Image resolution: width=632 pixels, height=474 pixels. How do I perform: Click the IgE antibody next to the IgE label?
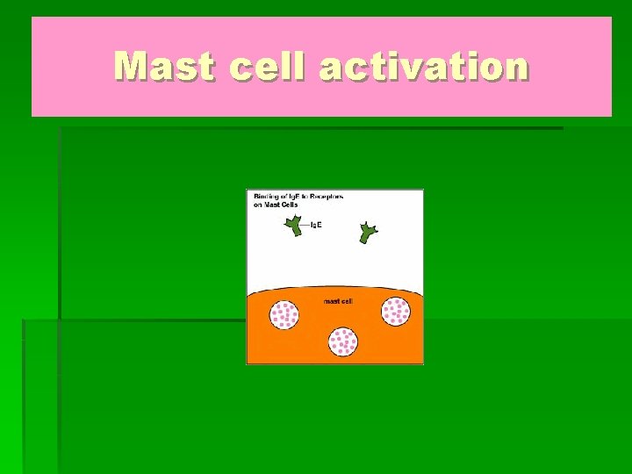click(x=292, y=226)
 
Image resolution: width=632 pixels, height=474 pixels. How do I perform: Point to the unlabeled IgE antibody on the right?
click(x=368, y=233)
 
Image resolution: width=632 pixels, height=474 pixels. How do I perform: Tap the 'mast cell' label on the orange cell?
click(x=338, y=301)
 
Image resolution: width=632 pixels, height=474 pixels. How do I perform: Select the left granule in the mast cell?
click(x=284, y=314)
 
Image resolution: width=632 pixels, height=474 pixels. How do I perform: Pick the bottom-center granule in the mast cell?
click(x=343, y=341)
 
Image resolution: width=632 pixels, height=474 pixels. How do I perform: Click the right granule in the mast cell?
click(x=395, y=311)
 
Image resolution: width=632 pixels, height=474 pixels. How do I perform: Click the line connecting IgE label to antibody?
click(x=305, y=226)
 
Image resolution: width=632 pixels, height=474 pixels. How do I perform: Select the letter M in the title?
click(x=132, y=66)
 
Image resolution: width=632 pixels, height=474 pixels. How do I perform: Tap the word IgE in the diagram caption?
click(x=294, y=197)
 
